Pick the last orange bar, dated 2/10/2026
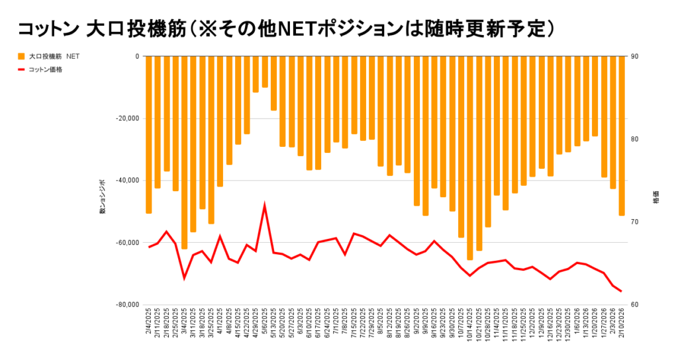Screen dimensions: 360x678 pyautogui.click(x=621, y=136)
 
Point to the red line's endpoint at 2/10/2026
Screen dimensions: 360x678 pyautogui.click(x=621, y=291)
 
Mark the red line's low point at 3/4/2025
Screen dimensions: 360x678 pyautogui.click(x=184, y=278)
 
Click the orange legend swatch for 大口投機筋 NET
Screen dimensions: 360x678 pyautogui.click(x=21, y=57)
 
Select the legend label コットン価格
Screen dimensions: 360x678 pyautogui.click(x=46, y=69)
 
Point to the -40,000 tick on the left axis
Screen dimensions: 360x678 pyautogui.click(x=126, y=181)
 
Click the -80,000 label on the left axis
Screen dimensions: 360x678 pyautogui.click(x=126, y=304)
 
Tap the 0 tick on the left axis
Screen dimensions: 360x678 pyautogui.click(x=136, y=56)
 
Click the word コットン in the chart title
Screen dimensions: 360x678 pyautogui.click(x=46, y=28)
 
